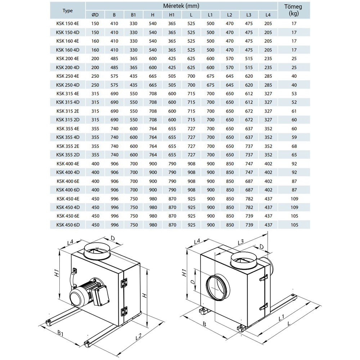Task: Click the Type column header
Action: (68, 11)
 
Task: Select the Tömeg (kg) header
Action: (295, 10)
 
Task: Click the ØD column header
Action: (95, 15)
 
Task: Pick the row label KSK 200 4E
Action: (68, 58)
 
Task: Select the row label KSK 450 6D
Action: (68, 225)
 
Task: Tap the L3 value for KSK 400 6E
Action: (249, 181)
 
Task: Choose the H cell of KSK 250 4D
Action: (153, 85)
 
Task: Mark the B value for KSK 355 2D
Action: (114, 155)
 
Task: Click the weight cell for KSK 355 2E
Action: (295, 146)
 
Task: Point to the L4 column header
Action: (268, 15)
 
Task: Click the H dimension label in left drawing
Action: (144, 296)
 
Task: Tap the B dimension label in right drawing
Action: (204, 324)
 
